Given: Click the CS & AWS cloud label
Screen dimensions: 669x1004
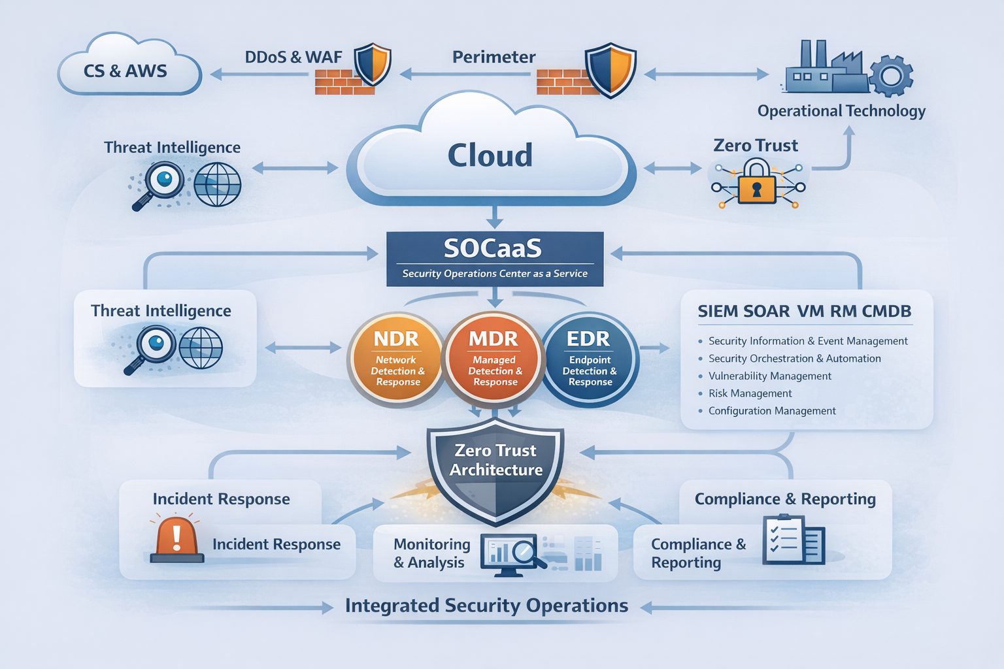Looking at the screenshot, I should point(125,71).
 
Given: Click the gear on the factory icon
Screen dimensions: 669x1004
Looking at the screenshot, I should point(892,76).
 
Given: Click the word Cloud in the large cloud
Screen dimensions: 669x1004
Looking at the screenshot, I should point(490,155).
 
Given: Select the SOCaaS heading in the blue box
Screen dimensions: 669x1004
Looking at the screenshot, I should point(493,248).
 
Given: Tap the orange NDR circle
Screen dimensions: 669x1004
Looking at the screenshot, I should point(397,360).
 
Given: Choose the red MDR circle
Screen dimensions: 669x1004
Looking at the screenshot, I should point(494,359).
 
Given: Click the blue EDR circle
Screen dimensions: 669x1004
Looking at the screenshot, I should point(590,360).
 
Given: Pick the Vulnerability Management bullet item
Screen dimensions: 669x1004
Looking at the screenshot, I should point(769,376).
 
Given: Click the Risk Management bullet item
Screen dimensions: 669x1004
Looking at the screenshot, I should point(750,393).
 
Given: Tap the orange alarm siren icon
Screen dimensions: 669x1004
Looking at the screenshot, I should point(176,540).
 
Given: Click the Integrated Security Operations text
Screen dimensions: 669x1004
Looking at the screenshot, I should point(486,606).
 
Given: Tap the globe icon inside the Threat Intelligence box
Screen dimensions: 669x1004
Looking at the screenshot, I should point(201,348).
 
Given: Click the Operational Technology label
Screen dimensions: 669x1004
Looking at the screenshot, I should point(841,111).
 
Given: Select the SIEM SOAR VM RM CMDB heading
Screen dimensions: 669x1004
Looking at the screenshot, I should point(804,312).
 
